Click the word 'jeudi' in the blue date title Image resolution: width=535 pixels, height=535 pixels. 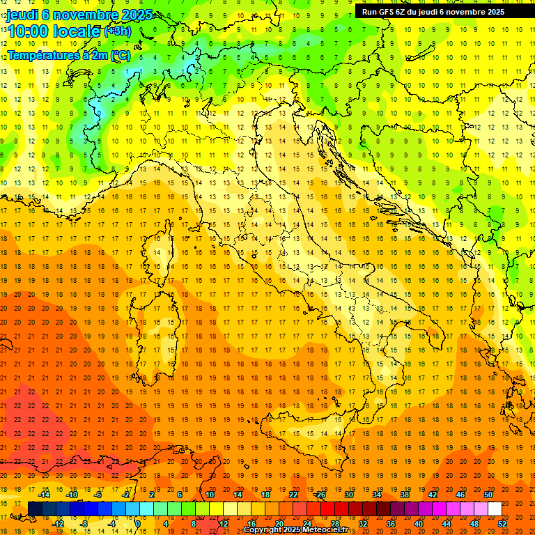tap(24, 14)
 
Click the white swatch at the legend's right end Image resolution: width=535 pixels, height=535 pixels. tap(495, 509)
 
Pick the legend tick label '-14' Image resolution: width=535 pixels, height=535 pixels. tap(45, 495)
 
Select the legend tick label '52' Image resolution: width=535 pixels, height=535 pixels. tap(502, 523)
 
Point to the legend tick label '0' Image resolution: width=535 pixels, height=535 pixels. tap(138, 523)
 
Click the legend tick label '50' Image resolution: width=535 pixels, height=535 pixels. tap(488, 495)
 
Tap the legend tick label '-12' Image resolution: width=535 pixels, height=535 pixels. tap(59, 523)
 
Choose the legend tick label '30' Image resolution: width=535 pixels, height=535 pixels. tap(349, 495)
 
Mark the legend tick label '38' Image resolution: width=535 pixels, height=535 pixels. tap(405, 495)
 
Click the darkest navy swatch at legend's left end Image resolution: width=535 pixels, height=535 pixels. tap(35, 509)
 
